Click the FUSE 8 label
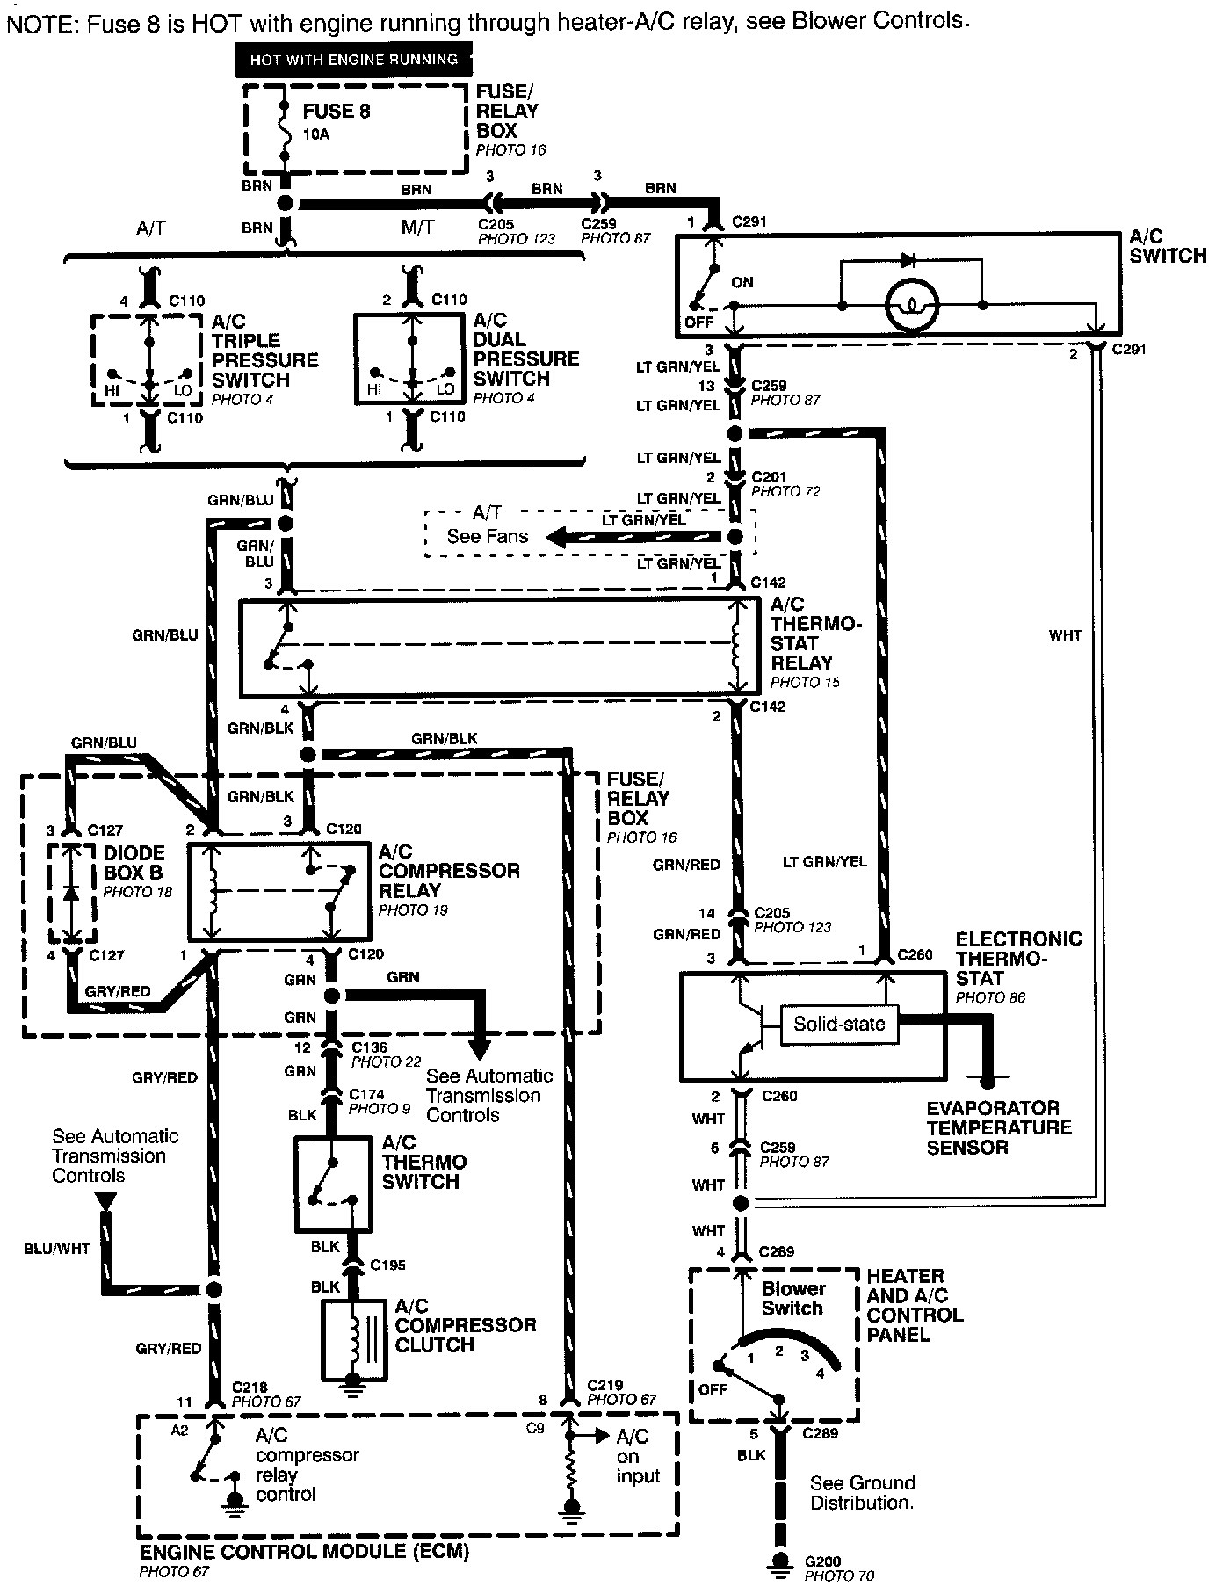[337, 112]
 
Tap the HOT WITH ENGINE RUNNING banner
[354, 60]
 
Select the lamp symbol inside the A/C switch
[912, 307]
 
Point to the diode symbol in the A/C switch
[908, 260]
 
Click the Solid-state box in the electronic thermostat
[839, 1024]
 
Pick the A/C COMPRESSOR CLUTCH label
[465, 1325]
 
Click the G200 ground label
[822, 1562]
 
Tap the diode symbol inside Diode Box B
[71, 892]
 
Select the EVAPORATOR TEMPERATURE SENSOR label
[999, 1127]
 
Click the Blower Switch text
[792, 1299]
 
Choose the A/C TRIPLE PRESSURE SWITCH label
[264, 351]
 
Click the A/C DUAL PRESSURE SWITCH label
[525, 350]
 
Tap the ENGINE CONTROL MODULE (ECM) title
[304, 1552]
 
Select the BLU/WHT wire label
[58, 1249]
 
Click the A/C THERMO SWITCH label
[423, 1162]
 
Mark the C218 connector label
[250, 1388]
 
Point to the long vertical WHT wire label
[1065, 634]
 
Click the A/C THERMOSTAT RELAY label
[815, 634]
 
